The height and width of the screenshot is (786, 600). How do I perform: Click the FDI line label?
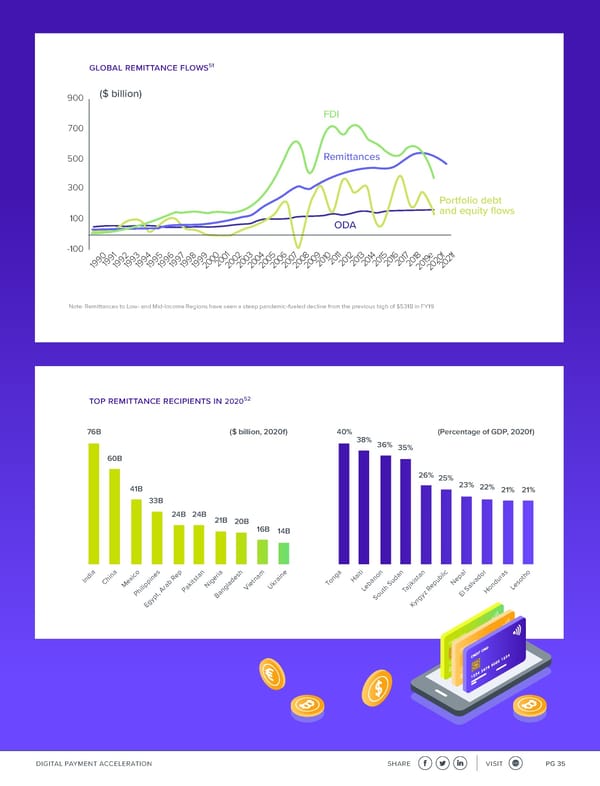coord(333,115)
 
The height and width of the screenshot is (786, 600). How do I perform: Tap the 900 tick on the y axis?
coord(76,98)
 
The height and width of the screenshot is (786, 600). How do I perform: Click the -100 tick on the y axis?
coord(74,248)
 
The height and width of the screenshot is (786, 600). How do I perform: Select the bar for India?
coord(94,503)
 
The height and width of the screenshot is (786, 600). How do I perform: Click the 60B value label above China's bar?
coord(114,459)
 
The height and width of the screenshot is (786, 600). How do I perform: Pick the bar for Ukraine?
coord(283,553)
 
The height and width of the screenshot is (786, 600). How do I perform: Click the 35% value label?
coord(405,448)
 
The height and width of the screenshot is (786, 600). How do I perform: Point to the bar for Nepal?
coord(466,530)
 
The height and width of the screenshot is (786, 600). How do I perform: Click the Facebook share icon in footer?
coord(426,763)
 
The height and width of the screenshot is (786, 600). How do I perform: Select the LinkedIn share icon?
coord(461,763)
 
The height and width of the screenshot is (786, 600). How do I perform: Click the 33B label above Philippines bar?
coord(156,500)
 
